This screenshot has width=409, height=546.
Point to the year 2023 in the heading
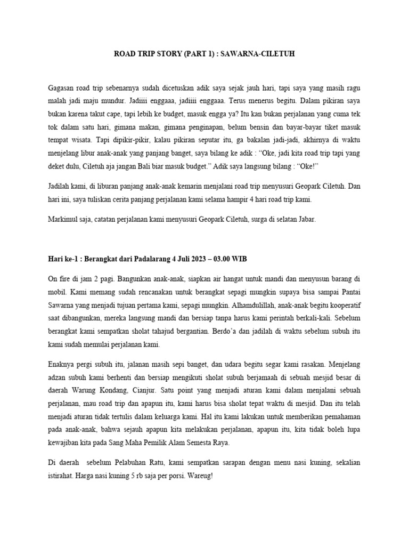point(214,259)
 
